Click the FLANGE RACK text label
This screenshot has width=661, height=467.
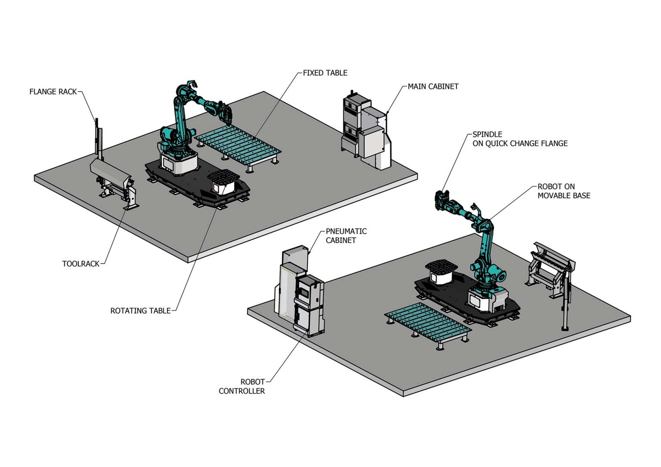pyautogui.click(x=53, y=92)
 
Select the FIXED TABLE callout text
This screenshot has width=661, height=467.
pyautogui.click(x=325, y=73)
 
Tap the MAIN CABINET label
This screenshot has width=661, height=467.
pyautogui.click(x=433, y=86)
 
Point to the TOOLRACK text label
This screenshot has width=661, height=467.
pyautogui.click(x=80, y=264)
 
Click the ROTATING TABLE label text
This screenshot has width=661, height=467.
pyautogui.click(x=140, y=310)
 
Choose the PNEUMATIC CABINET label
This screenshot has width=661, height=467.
pyautogui.click(x=346, y=236)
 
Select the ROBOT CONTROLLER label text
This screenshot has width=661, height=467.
pyautogui.click(x=242, y=386)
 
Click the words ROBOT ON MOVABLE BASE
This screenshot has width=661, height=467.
pyautogui.click(x=563, y=191)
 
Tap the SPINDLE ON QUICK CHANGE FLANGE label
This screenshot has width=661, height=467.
pyautogui.click(x=519, y=139)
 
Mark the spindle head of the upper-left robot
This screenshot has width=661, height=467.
pyautogui.click(x=225, y=113)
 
